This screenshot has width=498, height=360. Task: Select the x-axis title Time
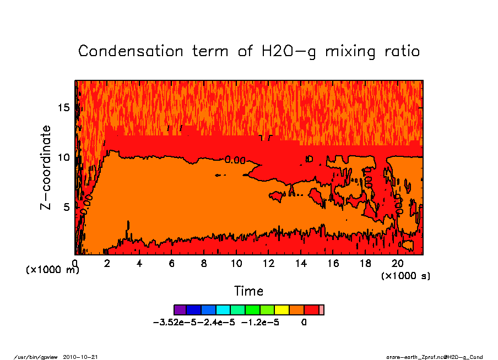point(248,291)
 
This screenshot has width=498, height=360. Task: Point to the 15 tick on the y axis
point(64,107)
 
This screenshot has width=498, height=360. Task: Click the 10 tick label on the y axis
point(64,157)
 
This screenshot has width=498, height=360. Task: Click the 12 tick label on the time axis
point(269,264)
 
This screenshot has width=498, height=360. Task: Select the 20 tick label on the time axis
point(398,264)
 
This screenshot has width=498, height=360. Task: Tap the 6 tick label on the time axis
point(172,264)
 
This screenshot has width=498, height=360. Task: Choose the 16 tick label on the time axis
point(334,264)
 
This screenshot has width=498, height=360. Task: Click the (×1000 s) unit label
point(406,275)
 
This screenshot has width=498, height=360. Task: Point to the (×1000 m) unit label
point(53,270)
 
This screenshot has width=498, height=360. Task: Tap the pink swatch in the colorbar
point(322,310)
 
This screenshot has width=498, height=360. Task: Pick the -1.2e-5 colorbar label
point(261,323)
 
